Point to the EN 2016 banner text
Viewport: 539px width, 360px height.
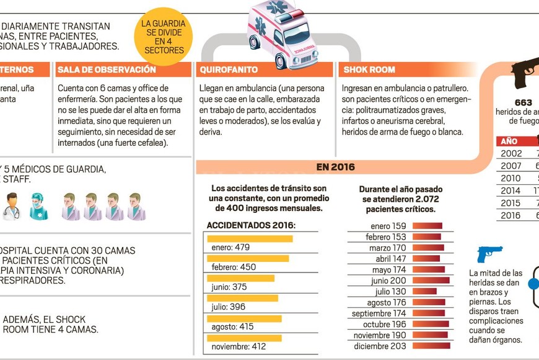[x=335, y=167]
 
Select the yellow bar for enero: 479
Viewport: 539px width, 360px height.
[x=250, y=238]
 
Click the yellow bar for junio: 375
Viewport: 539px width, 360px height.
[x=240, y=278]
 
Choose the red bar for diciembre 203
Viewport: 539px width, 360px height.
[x=431, y=346]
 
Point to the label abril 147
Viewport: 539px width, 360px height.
[x=390, y=259]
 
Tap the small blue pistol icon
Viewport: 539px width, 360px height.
[x=489, y=253]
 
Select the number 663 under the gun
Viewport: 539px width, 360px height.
[x=523, y=102]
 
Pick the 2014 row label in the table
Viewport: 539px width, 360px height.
[x=511, y=191]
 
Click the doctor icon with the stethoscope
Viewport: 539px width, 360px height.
[x=11, y=206]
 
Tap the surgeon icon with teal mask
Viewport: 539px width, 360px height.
[x=38, y=206]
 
